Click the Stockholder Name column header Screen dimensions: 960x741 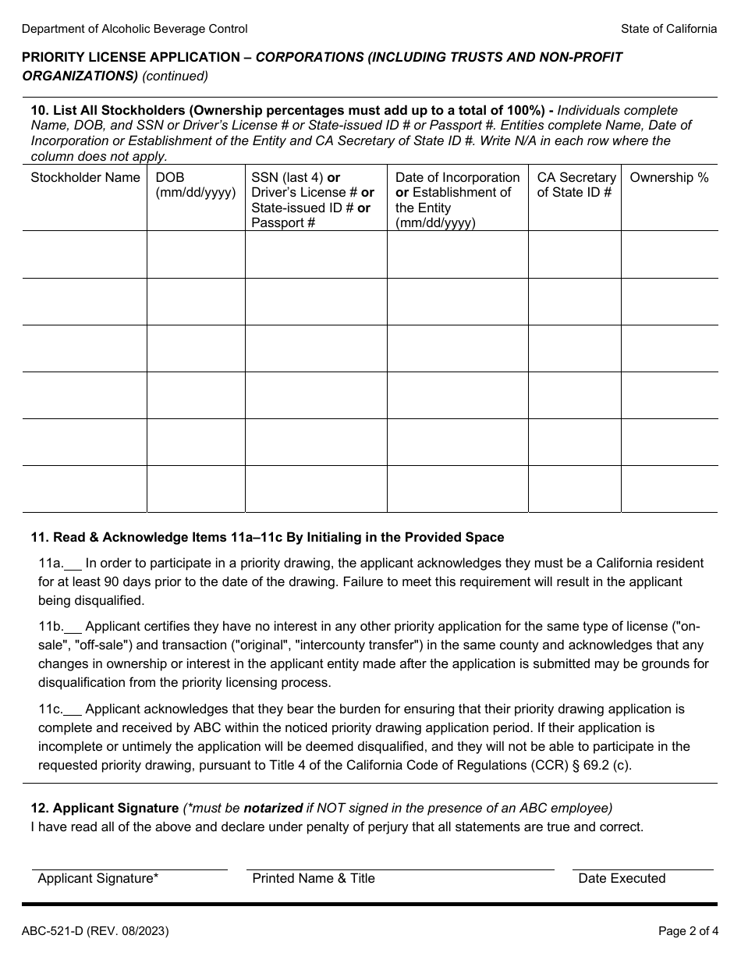(x=85, y=178)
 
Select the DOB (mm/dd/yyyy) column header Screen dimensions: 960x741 (x=196, y=185)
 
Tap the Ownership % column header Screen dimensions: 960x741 (x=668, y=178)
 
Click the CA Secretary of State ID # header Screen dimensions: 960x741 (x=576, y=185)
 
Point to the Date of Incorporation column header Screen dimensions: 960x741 (x=457, y=200)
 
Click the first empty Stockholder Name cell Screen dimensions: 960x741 (x=85, y=254)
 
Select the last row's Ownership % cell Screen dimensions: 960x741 (x=668, y=489)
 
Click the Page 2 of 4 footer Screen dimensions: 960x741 (x=687, y=931)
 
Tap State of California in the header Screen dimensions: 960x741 (x=668, y=29)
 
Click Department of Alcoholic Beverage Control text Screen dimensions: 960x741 (x=134, y=29)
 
